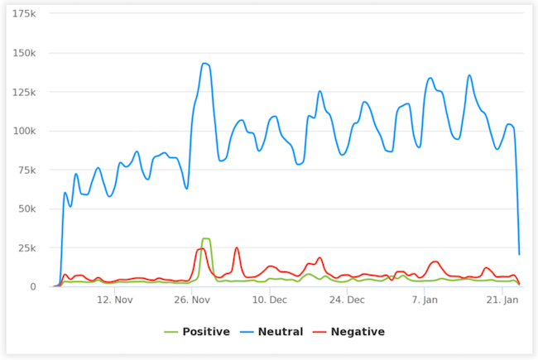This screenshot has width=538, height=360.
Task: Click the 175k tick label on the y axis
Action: (23, 14)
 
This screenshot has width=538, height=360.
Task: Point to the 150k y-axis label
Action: (23, 53)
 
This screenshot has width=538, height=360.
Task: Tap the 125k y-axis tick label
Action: (23, 92)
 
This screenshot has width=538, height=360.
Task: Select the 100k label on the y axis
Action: (23, 131)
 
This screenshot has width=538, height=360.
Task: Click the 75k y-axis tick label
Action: (26, 170)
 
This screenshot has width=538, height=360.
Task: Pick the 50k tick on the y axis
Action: (26, 209)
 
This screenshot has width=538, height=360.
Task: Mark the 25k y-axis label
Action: (26, 247)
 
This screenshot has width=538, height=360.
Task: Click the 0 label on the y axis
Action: (32, 286)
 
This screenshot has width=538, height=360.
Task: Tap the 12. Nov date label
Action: (114, 300)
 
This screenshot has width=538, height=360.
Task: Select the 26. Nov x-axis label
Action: (192, 300)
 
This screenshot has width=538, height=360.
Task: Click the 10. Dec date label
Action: (269, 300)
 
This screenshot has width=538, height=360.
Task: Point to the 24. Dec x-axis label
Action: (347, 300)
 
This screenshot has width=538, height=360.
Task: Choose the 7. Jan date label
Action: (425, 300)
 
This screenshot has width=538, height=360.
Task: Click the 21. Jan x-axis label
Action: (502, 300)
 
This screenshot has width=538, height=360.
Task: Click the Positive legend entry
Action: (198, 332)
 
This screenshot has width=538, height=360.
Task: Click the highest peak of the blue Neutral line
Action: (204, 63)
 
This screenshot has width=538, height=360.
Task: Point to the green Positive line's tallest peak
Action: (205, 238)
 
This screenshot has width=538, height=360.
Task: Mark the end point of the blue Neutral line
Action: (519, 253)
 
